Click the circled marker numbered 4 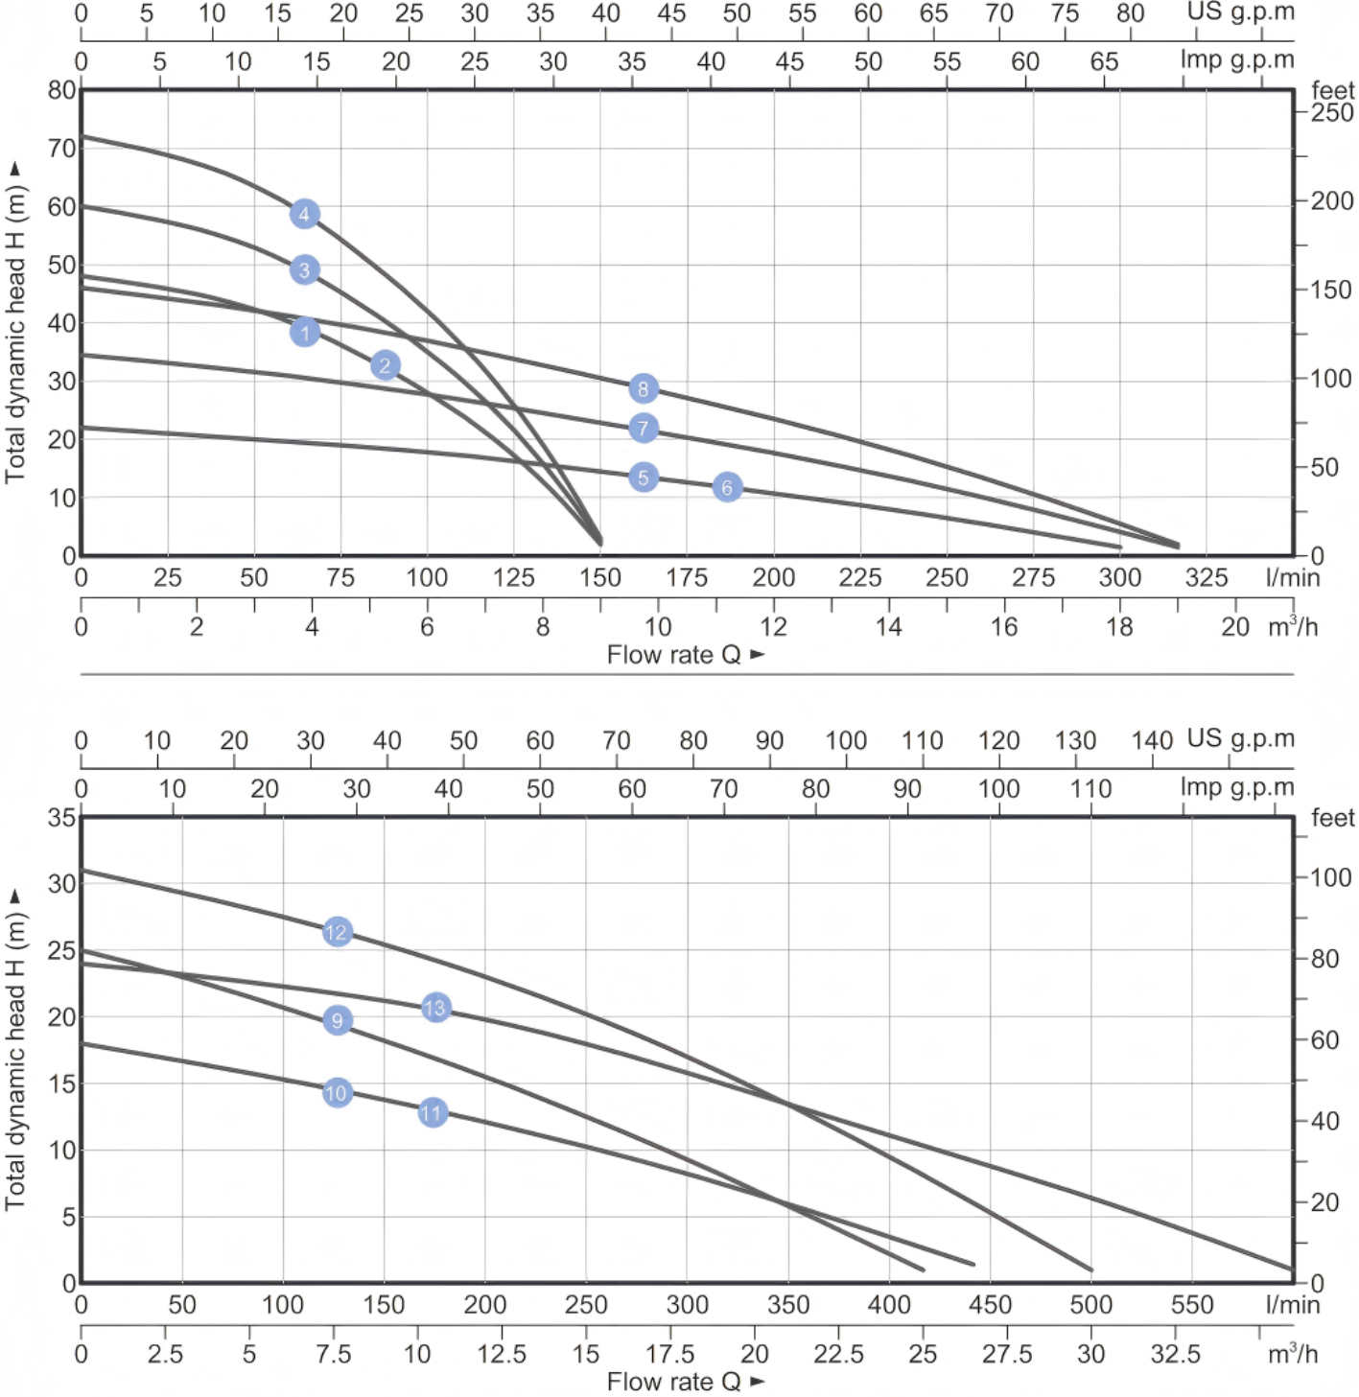pos(304,214)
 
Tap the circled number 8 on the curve pos(644,388)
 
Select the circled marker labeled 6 pos(727,487)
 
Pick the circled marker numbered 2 pos(385,365)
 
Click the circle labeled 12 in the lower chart pos(337,931)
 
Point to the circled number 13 pos(435,1008)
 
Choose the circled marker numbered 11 pos(433,1112)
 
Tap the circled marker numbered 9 pos(337,1020)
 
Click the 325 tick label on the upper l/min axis pos(1206,577)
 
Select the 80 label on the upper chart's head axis pos(61,90)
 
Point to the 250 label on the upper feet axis pos(1332,113)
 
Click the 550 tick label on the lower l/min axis pos(1192,1305)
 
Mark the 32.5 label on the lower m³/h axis pos(1175,1354)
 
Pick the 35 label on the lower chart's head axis pos(61,818)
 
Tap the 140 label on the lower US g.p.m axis pos(1151,740)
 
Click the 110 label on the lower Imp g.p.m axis pos(1090,789)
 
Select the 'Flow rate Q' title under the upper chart pos(674,655)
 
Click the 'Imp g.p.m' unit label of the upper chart pos(1236,59)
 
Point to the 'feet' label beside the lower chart pos(1332,818)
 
